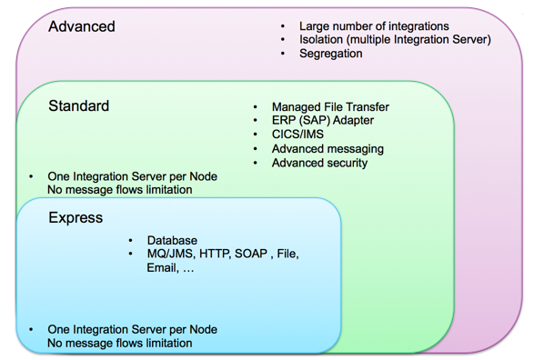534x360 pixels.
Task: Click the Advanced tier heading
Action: [x=82, y=26]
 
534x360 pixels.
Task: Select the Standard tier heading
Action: [x=78, y=106]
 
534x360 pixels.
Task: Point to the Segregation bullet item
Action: [x=331, y=54]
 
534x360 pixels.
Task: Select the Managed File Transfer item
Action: [x=330, y=106]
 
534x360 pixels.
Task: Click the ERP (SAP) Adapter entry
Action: [x=323, y=120]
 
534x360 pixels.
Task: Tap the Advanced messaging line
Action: [x=327, y=148]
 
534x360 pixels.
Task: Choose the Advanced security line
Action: [x=319, y=163]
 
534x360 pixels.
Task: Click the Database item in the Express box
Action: [x=172, y=240]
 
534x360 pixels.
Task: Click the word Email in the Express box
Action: [x=164, y=268]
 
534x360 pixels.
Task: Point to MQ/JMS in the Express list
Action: [x=171, y=254]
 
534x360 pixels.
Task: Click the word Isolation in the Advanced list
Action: [x=324, y=39]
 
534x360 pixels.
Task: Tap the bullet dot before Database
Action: [x=130, y=240]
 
